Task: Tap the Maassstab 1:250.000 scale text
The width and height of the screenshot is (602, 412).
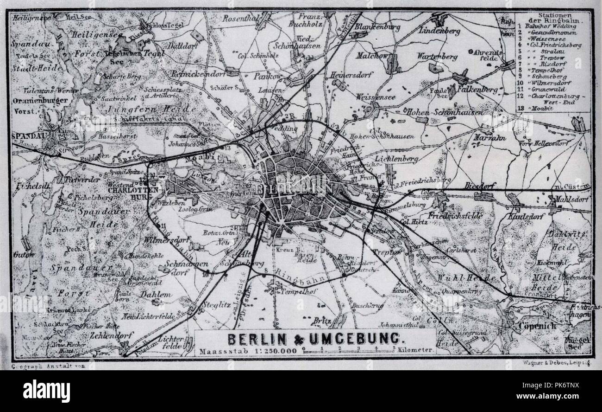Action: click(x=248, y=351)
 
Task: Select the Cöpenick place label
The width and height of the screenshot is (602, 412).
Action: click(x=537, y=326)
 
